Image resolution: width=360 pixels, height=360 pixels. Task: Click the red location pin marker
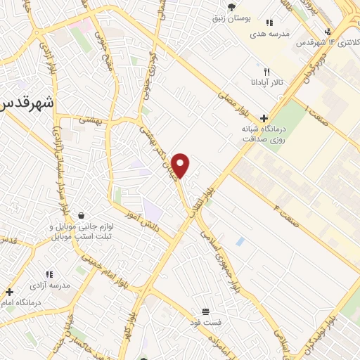pyautogui.click(x=181, y=165)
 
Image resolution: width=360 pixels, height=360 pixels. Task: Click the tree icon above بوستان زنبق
pyautogui.click(x=231, y=6)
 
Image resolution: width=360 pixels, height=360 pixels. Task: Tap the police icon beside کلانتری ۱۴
pyautogui.click(x=328, y=31)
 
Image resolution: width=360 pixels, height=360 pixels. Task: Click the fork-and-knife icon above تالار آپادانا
pyautogui.click(x=266, y=72)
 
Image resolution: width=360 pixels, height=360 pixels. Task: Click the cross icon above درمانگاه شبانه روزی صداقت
pyautogui.click(x=264, y=118)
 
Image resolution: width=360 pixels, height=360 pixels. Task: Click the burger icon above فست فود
pyautogui.click(x=205, y=311)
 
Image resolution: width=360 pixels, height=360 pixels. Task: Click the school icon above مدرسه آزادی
pyautogui.click(x=49, y=274)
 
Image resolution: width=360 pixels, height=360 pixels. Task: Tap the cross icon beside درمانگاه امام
pyautogui.click(x=9, y=291)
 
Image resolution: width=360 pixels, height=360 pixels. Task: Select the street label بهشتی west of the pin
pyautogui.click(x=91, y=120)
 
